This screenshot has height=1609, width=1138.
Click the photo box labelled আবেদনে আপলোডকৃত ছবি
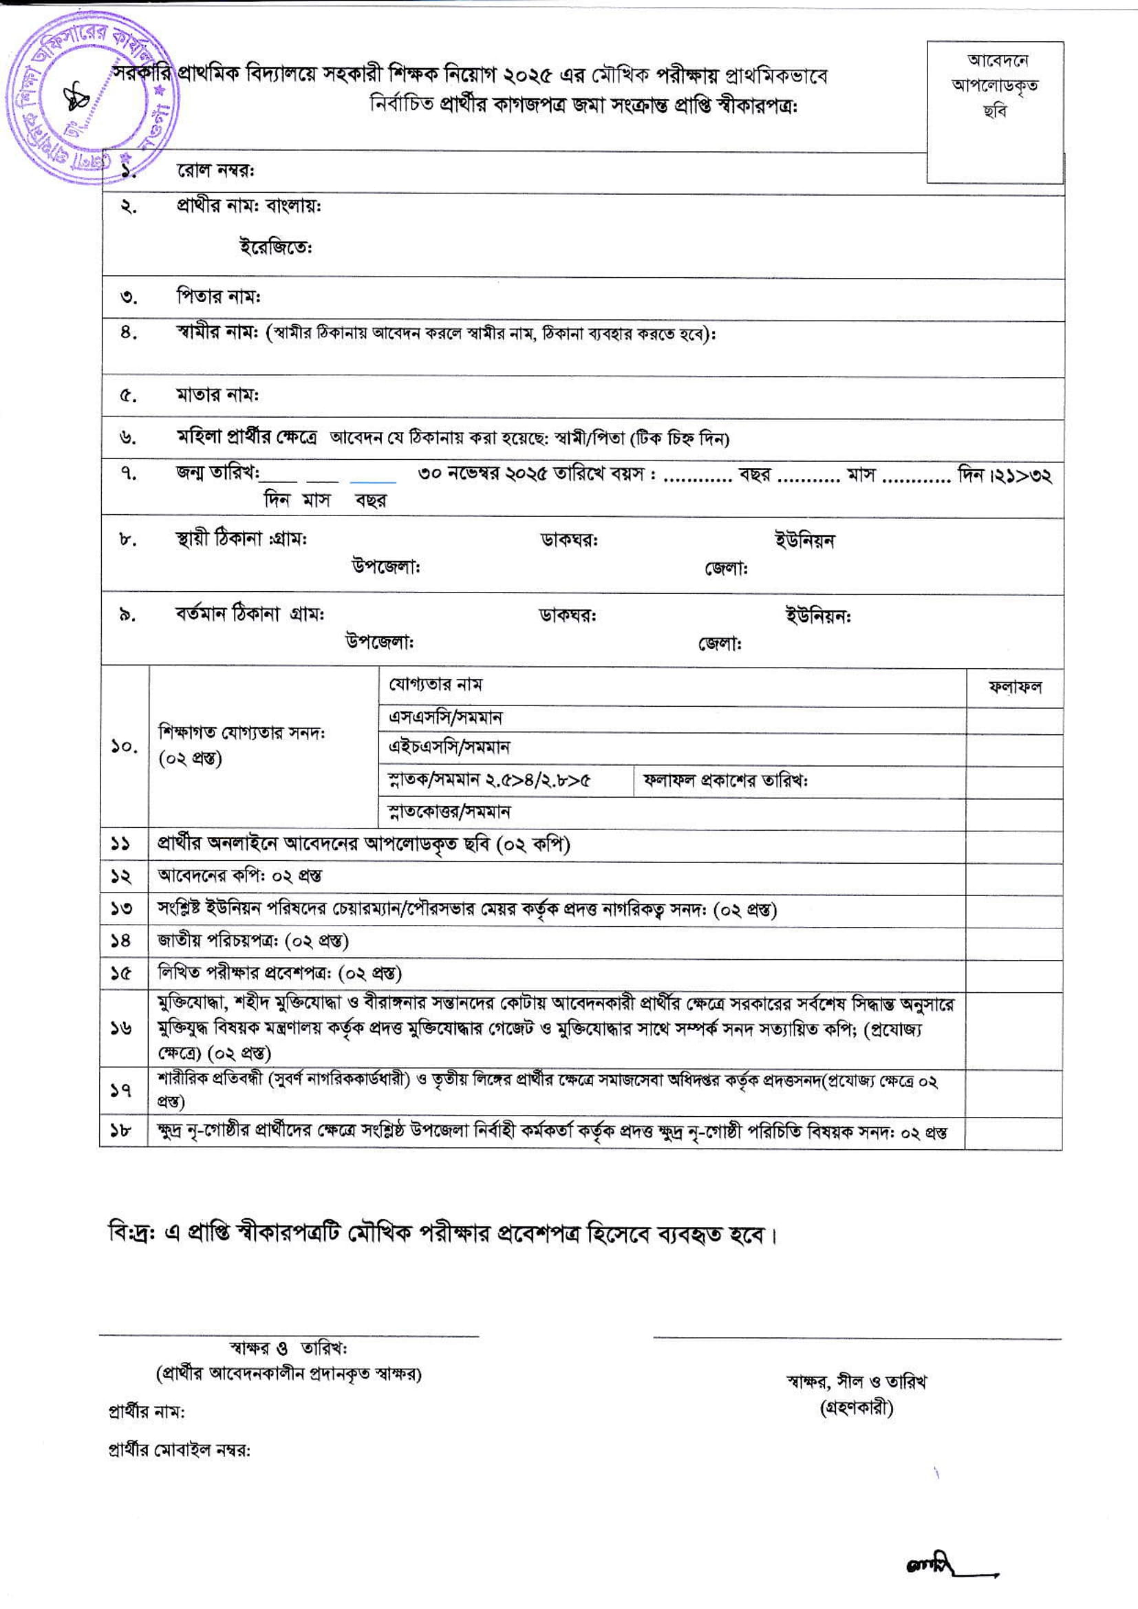994,112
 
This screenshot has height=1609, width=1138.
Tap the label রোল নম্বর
215,171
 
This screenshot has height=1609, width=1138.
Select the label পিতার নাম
218,297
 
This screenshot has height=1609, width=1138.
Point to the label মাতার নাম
217,395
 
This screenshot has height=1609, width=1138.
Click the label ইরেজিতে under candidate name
276,247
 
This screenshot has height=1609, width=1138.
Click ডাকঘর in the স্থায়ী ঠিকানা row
569,540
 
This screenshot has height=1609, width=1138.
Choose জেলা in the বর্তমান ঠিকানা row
720,643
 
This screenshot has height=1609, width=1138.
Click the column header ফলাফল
1015,688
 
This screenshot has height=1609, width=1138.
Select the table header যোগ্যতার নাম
435,684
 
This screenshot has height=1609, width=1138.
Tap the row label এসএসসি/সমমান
445,718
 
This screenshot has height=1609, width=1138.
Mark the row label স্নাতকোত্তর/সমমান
449,812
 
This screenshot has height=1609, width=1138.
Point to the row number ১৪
121,941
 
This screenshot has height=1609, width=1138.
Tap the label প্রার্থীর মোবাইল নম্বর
180,1451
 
